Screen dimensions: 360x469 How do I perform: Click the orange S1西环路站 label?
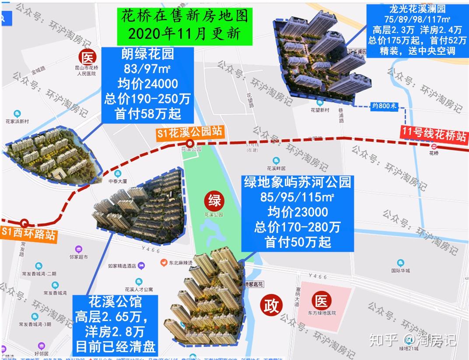pyautogui.click(x=29, y=233)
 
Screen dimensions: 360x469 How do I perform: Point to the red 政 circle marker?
pyautogui.click(x=270, y=305)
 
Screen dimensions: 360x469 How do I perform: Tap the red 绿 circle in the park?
pyautogui.click(x=214, y=201)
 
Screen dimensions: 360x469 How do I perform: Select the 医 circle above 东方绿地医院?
pyautogui.click(x=322, y=301)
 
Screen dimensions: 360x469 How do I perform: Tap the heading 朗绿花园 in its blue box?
pyautogui.click(x=147, y=54)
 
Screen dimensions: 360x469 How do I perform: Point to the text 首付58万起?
pyautogui.click(x=147, y=114)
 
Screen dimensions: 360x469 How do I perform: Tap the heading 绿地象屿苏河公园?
pyautogui.click(x=297, y=182)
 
